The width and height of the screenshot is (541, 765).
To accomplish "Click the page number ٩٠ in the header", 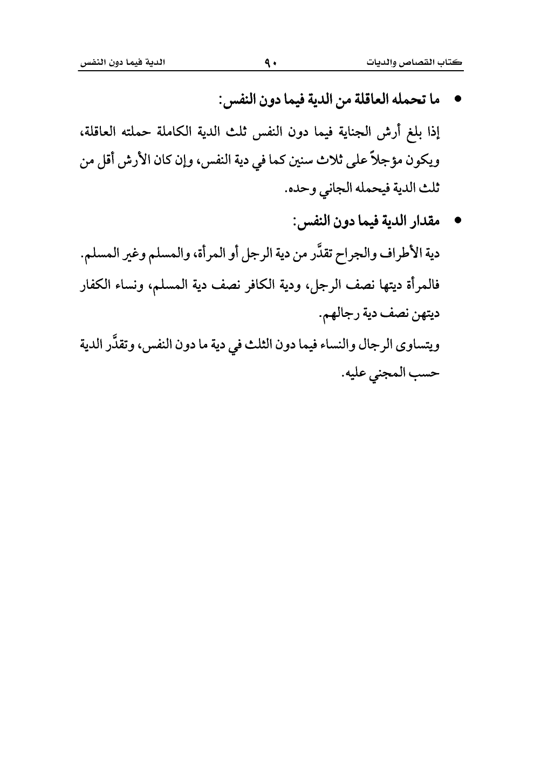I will pyautogui.click(x=271, y=63).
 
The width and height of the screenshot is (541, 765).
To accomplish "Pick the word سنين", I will pyautogui.click(x=295, y=161).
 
